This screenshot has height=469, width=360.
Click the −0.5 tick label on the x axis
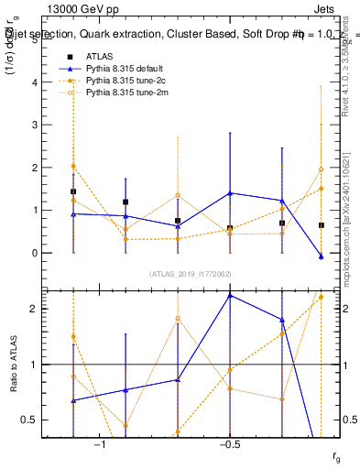229,444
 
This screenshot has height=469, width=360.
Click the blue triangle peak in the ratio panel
230,295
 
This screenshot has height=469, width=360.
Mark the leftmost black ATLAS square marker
73,192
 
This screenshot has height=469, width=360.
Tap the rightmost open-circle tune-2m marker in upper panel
321,169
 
